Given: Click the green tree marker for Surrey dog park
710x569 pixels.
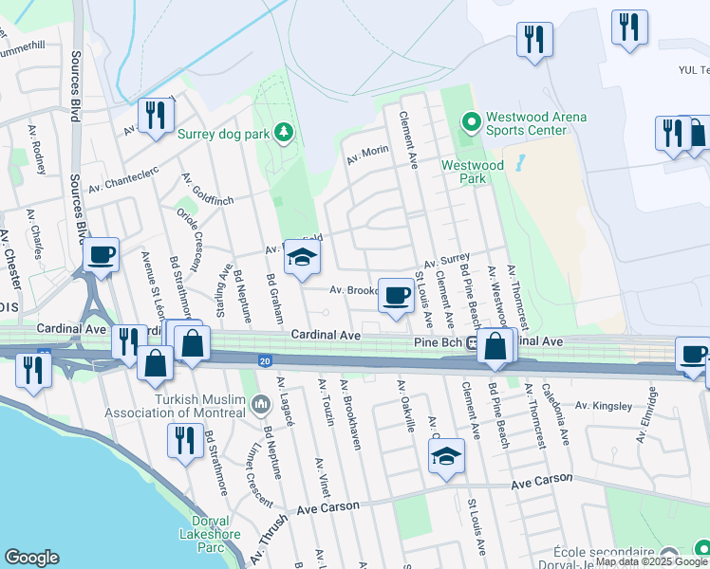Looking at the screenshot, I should point(282,131).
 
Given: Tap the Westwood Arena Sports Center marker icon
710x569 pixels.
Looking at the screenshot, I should point(468,121).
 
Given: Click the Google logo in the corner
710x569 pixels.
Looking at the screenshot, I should point(31,558).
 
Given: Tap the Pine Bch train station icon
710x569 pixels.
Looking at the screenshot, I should point(473,341).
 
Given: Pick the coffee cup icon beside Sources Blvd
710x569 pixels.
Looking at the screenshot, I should point(101,255).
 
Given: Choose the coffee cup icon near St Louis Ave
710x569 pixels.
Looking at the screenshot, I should point(395,295).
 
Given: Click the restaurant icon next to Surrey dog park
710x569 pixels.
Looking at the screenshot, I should point(152,117).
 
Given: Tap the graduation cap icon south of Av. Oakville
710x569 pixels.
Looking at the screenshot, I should point(444,458).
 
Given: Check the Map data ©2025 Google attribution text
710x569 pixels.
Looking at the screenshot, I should point(652,561).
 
